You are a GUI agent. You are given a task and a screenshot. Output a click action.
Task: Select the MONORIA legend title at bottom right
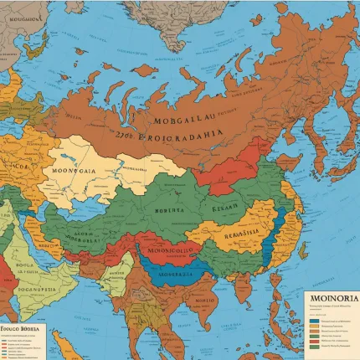(x=334, y=298)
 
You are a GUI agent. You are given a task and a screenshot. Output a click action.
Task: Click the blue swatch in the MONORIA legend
(x=313, y=320)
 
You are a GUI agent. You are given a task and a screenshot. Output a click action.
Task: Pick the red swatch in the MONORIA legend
(x=313, y=331)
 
